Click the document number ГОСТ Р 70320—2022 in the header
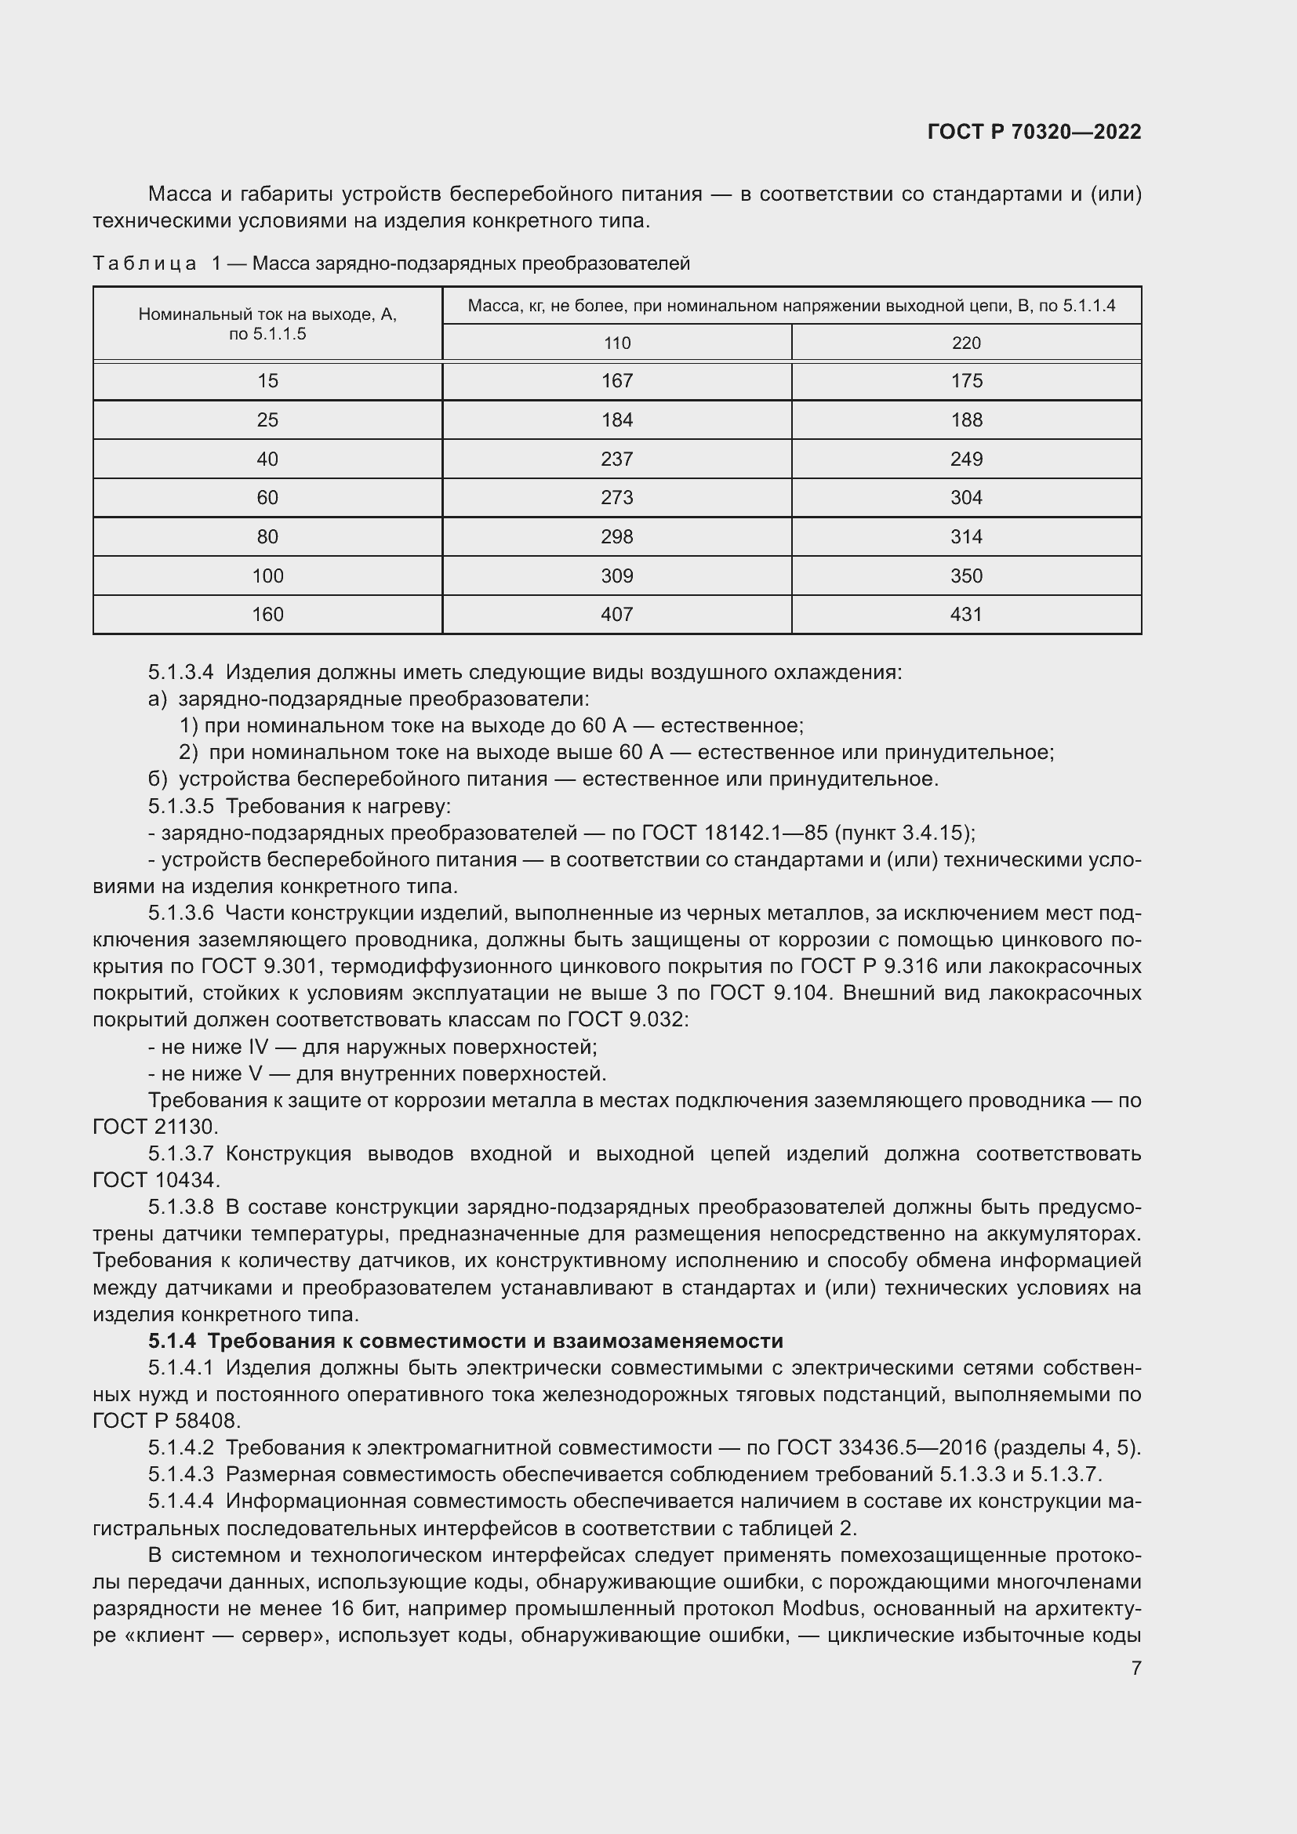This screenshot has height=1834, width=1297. tap(1034, 132)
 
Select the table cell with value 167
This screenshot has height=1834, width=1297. tap(616, 381)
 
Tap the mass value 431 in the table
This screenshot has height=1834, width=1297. tap(965, 614)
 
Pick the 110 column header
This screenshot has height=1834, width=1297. tap(616, 343)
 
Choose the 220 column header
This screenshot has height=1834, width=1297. tap(965, 343)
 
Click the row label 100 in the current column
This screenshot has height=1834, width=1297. tap(267, 576)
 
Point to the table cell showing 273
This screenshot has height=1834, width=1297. tap(616, 498)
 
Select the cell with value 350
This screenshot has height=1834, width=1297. tap(965, 576)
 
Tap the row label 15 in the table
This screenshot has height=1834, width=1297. tap(267, 381)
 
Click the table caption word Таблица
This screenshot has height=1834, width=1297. tap(144, 263)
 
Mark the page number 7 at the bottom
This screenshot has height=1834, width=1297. tap(1135, 1669)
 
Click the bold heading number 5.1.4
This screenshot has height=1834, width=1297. tap(172, 1340)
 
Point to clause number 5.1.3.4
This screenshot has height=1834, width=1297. tap(180, 673)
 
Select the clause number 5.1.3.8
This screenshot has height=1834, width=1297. tap(180, 1206)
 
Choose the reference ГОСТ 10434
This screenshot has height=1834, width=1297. tap(155, 1180)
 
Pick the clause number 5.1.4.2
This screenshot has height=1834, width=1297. tap(180, 1447)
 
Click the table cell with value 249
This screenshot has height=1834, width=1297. tap(965, 459)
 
